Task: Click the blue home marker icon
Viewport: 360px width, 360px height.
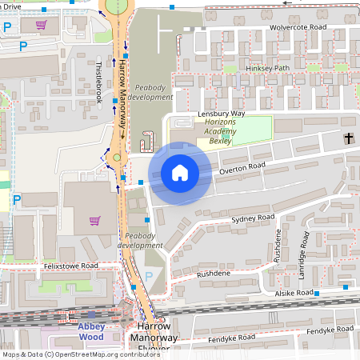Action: (180, 173)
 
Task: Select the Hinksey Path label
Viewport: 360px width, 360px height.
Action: (268, 68)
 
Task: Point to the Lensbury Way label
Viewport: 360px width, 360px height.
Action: (221, 114)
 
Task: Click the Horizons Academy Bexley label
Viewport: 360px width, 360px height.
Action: (214, 132)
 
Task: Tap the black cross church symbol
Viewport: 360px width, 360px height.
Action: (349, 138)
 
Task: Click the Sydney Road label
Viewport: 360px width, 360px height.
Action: (252, 218)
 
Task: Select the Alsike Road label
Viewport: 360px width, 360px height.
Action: (294, 294)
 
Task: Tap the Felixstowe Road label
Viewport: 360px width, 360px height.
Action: (71, 265)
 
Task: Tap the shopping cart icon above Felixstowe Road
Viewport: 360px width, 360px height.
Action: (94, 221)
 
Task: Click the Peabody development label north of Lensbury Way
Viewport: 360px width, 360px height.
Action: (150, 91)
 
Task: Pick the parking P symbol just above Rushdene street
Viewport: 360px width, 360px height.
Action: (149, 276)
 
